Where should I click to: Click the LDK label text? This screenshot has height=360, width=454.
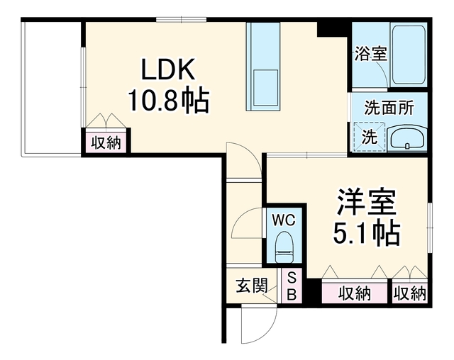(168, 69)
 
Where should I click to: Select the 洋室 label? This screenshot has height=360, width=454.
(366, 202)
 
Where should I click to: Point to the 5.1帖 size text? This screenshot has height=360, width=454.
(366, 233)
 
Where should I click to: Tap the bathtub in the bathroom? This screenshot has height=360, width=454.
(409, 55)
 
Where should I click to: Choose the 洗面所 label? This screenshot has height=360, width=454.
(389, 108)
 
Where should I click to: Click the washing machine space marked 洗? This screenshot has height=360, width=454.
(370, 137)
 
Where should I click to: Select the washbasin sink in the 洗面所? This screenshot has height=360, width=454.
(408, 138)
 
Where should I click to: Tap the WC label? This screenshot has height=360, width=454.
(284, 220)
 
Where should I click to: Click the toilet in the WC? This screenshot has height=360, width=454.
(284, 247)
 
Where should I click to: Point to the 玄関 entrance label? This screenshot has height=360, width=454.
(251, 286)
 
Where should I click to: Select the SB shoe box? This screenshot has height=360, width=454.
(292, 286)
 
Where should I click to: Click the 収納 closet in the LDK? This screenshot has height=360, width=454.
(106, 142)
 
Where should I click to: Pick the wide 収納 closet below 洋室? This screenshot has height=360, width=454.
(355, 293)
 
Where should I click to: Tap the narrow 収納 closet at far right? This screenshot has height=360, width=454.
(410, 293)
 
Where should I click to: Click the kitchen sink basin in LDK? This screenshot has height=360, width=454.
(265, 88)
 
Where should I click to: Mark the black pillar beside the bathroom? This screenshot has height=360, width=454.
(333, 28)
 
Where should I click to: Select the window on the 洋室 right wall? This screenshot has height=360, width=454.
(430, 228)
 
